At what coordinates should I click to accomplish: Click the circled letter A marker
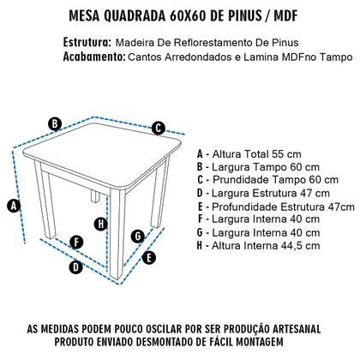pyautogui.click(x=13, y=205)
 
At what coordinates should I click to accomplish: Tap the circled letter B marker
pyautogui.click(x=54, y=123)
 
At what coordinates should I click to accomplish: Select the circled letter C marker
pyautogui.click(x=159, y=129)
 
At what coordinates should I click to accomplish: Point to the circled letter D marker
pyautogui.click(x=75, y=267)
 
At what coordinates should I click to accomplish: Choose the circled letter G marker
pyautogui.click(x=137, y=236)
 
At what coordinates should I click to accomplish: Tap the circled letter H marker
pyautogui.click(x=101, y=224)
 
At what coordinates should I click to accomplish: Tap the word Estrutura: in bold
pyautogui.click(x=87, y=42)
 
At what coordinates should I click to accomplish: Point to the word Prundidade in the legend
pyautogui.click(x=249, y=179)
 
